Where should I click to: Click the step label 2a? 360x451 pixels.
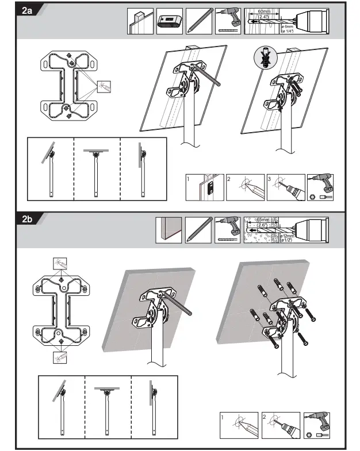pyautogui.click(x=25, y=11)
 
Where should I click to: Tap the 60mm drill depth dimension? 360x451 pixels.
pyautogui.click(x=264, y=13)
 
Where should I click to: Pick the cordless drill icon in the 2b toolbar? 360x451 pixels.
pyautogui.click(x=228, y=230)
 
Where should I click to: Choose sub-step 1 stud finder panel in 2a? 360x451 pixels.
pyautogui.click(x=204, y=188)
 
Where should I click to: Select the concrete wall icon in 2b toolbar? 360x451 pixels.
pyautogui.click(x=168, y=230)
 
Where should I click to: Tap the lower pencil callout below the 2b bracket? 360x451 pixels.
pyautogui.click(x=60, y=357)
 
